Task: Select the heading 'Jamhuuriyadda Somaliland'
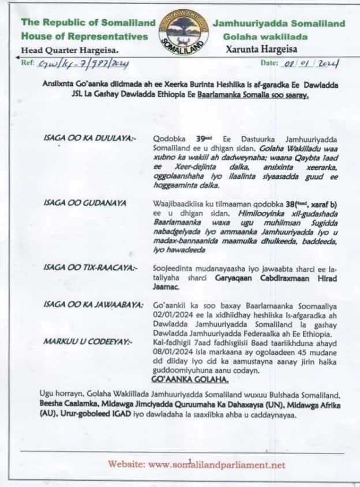click(x=279, y=24)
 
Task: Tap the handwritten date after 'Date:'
click(x=310, y=63)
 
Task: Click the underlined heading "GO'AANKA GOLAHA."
click(x=188, y=381)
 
